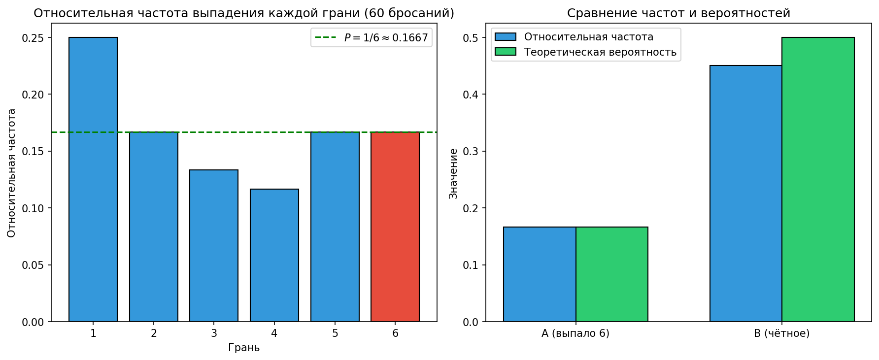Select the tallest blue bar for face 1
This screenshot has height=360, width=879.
click(93, 179)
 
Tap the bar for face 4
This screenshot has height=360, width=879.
click(274, 255)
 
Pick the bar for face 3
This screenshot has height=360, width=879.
click(214, 246)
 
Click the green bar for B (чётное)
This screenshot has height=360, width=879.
click(818, 179)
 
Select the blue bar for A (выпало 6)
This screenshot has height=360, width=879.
click(540, 274)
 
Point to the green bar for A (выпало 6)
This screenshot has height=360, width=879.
click(612, 274)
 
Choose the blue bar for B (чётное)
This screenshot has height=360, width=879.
click(746, 194)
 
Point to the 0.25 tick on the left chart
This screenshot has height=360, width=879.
click(33, 38)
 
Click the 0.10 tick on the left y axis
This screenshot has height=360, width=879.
click(33, 208)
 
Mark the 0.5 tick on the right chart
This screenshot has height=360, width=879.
click(471, 38)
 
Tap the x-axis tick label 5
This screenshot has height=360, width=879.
click(335, 333)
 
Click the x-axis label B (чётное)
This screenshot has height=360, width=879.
click(782, 333)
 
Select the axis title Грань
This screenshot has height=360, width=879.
click(244, 348)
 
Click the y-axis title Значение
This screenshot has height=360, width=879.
click(453, 173)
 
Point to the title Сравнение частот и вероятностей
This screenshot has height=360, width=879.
click(678, 13)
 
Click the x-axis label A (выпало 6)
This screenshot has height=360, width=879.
click(575, 333)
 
